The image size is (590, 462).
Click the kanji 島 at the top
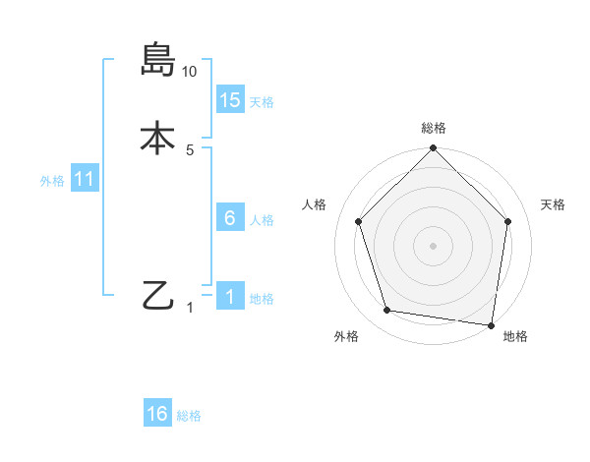[x=158, y=60]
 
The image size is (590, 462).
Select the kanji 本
[x=158, y=138]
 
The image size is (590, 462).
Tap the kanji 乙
[x=158, y=295]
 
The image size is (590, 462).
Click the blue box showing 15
[x=230, y=100]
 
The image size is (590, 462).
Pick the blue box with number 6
[x=230, y=218]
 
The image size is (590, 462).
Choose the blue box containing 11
[x=85, y=180]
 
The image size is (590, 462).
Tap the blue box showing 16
[x=157, y=414]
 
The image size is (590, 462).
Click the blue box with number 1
[x=230, y=297]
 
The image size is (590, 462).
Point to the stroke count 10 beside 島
[x=190, y=71]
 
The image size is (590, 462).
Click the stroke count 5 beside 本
[x=190, y=149]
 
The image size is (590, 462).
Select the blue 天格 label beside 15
[x=262, y=102]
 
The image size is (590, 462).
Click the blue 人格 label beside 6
[x=262, y=220]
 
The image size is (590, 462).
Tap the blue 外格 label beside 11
[x=52, y=181]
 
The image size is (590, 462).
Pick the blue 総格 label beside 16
[x=189, y=416]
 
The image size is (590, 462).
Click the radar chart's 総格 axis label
[x=434, y=128]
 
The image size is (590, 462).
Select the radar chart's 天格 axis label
[x=554, y=204]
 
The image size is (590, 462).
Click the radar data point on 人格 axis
[x=358, y=221]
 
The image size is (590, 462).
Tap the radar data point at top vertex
[x=434, y=149]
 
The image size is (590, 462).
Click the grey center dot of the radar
[x=434, y=245]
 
